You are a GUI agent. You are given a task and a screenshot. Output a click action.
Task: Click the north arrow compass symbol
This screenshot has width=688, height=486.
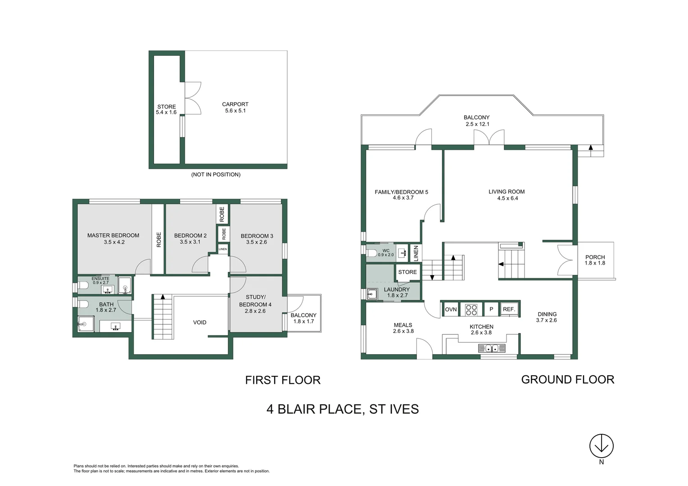pyautogui.click(x=601, y=446)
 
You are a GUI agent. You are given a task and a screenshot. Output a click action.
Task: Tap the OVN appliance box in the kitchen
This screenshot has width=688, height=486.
pyautogui.click(x=451, y=309)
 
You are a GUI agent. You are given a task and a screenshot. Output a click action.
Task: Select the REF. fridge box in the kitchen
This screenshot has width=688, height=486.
pyautogui.click(x=509, y=309)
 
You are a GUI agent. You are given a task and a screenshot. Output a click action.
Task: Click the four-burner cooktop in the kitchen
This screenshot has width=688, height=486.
pyautogui.click(x=471, y=310)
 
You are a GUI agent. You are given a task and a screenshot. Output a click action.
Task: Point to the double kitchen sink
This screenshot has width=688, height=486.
pyautogui.click(x=491, y=348)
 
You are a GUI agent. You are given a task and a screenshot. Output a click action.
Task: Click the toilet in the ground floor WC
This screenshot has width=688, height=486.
pyautogui.click(x=372, y=253)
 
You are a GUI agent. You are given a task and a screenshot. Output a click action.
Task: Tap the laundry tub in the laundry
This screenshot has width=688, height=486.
pyautogui.click(x=371, y=294)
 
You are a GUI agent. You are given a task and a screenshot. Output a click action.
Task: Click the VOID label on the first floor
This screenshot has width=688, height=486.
pyautogui.click(x=199, y=322)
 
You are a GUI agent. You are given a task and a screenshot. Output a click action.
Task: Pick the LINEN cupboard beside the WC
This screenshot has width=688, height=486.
pyautogui.click(x=416, y=253)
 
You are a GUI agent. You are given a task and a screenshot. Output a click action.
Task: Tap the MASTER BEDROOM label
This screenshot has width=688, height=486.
pyautogui.click(x=113, y=235)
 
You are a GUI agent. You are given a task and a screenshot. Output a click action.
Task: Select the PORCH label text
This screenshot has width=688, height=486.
pyautogui.click(x=595, y=257)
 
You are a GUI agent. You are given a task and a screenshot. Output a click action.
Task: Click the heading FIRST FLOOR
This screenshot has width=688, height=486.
pyautogui.click(x=282, y=380)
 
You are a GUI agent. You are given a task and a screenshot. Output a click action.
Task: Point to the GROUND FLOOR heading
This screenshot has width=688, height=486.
pyautogui.click(x=567, y=379)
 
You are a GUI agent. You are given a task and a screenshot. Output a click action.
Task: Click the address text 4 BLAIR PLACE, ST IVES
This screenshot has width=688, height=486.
pyautogui.click(x=342, y=409)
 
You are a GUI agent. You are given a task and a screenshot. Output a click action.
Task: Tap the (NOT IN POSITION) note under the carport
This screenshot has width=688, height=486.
pyautogui.click(x=216, y=175)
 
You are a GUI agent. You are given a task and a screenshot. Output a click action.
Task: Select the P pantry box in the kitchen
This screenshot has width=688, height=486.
pyautogui.click(x=491, y=309)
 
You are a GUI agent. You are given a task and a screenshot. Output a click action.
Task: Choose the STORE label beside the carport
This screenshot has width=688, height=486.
pyautogui.click(x=166, y=107)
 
